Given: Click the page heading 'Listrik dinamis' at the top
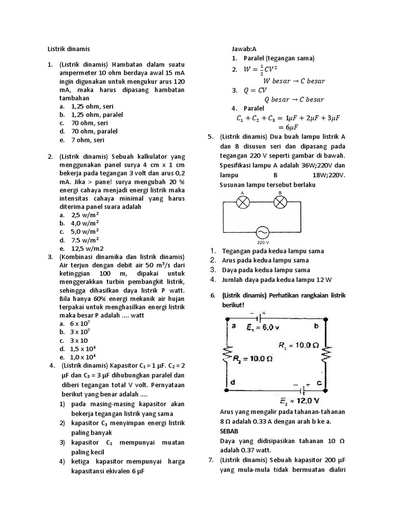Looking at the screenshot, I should pos(68,49).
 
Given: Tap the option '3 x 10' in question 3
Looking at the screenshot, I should pos(79,340).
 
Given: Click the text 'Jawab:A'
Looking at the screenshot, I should pos(244,49).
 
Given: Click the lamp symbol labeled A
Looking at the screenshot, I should pos(242,203).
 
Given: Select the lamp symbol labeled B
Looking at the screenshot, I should pos(280,203).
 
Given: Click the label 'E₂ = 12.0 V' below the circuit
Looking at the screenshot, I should pos(300,400).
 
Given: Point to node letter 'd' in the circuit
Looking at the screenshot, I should pos(233,382).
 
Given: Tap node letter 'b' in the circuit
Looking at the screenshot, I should pos(316,325).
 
